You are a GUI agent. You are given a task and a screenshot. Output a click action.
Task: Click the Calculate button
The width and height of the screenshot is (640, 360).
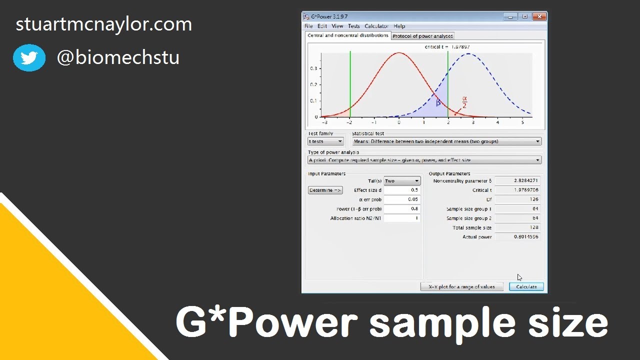click(x=526, y=286)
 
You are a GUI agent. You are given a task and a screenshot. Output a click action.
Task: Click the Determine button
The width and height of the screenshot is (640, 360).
click(x=325, y=190)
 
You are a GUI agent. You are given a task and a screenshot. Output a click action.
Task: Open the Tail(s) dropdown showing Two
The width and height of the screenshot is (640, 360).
click(x=402, y=181)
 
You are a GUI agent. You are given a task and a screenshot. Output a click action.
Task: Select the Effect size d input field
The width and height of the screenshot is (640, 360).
click(x=401, y=190)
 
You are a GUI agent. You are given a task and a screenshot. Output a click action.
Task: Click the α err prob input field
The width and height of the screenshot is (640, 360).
click(x=401, y=199)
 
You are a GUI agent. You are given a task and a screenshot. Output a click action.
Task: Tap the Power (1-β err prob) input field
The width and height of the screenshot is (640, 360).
click(x=401, y=208)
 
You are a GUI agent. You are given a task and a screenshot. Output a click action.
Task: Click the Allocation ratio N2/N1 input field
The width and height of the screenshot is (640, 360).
click(x=401, y=218)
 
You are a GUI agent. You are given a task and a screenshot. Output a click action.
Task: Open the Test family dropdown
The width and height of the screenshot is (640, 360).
click(x=325, y=141)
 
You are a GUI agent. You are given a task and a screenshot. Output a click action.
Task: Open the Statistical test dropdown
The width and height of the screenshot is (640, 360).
click(x=446, y=141)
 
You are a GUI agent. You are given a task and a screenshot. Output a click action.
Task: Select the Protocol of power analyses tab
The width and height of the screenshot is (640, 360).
click(x=422, y=36)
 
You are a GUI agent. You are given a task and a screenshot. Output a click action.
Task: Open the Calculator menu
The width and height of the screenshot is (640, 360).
click(x=376, y=26)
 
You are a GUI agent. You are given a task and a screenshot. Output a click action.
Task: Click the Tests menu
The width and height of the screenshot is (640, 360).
click(x=353, y=26)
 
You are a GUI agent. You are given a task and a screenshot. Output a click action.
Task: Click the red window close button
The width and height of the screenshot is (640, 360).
click(x=538, y=16)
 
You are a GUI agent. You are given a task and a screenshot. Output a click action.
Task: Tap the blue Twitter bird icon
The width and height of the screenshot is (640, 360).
click(x=29, y=58)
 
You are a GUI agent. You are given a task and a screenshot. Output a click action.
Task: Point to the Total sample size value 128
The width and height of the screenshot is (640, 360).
click(x=517, y=227)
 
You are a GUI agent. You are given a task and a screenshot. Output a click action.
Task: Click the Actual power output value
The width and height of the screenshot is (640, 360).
click(x=517, y=236)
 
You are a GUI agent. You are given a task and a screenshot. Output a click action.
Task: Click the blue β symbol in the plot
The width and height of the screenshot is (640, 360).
click(x=438, y=102)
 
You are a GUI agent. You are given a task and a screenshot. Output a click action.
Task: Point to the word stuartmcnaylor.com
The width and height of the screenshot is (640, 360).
click(x=104, y=24)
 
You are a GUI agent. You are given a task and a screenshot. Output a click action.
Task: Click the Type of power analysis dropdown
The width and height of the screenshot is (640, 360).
click(x=424, y=160)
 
